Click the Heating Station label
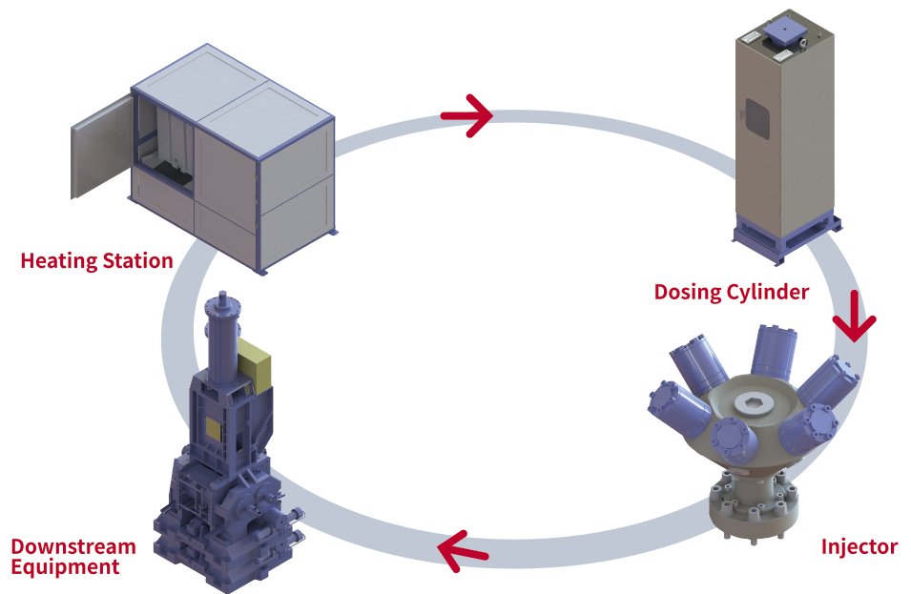[96, 260]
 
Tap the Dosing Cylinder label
[731, 292]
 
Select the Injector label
[859, 546]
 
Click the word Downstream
[72, 546]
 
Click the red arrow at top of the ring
[466, 115]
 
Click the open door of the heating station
[98, 144]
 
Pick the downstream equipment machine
[229, 458]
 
